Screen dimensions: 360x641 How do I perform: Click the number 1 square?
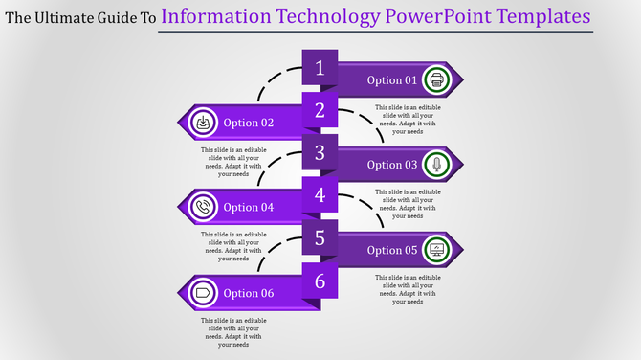coord(320,68)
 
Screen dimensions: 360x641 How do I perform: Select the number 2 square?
coord(320,110)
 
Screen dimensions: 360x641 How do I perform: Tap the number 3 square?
coord(320,152)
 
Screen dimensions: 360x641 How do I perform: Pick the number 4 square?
coord(320,195)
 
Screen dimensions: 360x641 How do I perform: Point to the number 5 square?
coord(320,237)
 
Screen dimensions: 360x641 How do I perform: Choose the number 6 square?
coord(320,281)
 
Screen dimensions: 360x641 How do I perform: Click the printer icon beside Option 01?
coord(436,79)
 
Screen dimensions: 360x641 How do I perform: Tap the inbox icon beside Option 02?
coord(203,123)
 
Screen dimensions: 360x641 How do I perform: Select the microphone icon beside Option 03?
coord(436,165)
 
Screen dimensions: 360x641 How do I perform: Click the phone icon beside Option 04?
coord(203,207)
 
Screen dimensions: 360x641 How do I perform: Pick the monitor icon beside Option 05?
coord(436,250)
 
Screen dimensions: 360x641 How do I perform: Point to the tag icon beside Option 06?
coord(203,292)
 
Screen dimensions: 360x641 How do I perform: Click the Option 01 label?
coord(392,79)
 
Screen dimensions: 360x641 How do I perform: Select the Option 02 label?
coord(249,123)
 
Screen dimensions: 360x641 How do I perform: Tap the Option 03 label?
coord(392,165)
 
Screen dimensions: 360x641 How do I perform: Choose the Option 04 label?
coord(249,207)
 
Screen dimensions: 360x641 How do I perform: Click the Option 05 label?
coord(392,250)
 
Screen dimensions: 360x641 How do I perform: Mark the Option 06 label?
coord(249,293)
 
